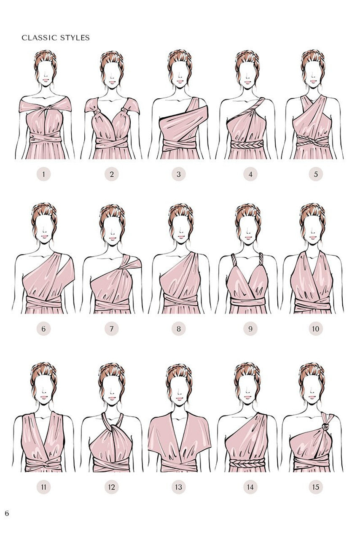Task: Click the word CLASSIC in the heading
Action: coord(40,38)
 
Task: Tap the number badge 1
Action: coord(43,174)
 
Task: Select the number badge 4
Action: coord(250,174)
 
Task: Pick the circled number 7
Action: coord(112,329)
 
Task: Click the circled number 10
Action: coord(316,329)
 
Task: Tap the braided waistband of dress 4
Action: coord(247,144)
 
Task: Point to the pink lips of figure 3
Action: coord(180,81)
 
